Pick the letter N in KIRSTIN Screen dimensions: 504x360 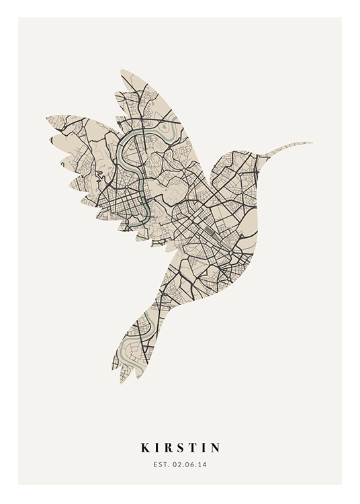coord(215,448)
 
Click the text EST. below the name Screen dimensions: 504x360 coord(161,464)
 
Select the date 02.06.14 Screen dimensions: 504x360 coord(189,464)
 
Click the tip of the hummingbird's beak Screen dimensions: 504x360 coord(312,142)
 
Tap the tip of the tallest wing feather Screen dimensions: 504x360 coord(122,72)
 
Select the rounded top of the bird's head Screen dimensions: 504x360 coord(232,153)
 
